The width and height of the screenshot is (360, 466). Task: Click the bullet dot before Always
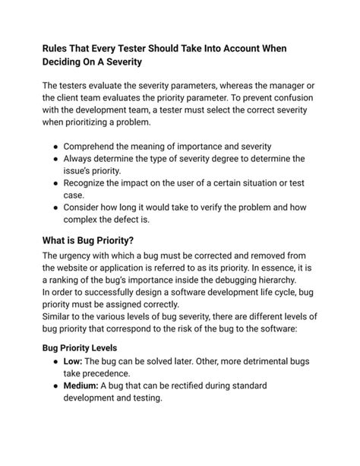(55, 159)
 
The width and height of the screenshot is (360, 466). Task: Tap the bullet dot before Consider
(55, 208)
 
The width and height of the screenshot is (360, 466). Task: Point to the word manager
(272, 86)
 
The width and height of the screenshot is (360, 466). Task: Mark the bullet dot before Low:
(55, 360)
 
